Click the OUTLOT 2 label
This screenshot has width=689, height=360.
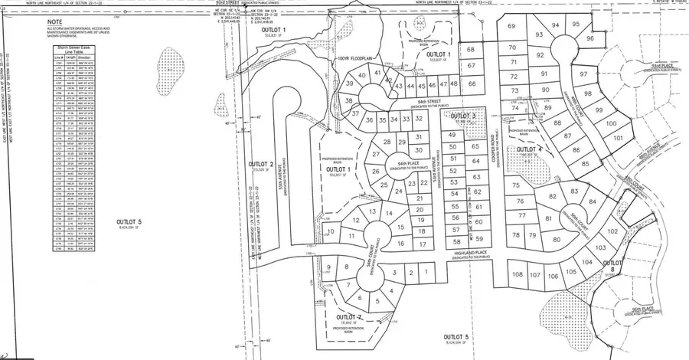tap(261, 165)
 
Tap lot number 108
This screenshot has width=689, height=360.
tap(517, 274)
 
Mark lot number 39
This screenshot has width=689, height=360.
tap(350, 84)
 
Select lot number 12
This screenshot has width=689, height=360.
tap(355, 221)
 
